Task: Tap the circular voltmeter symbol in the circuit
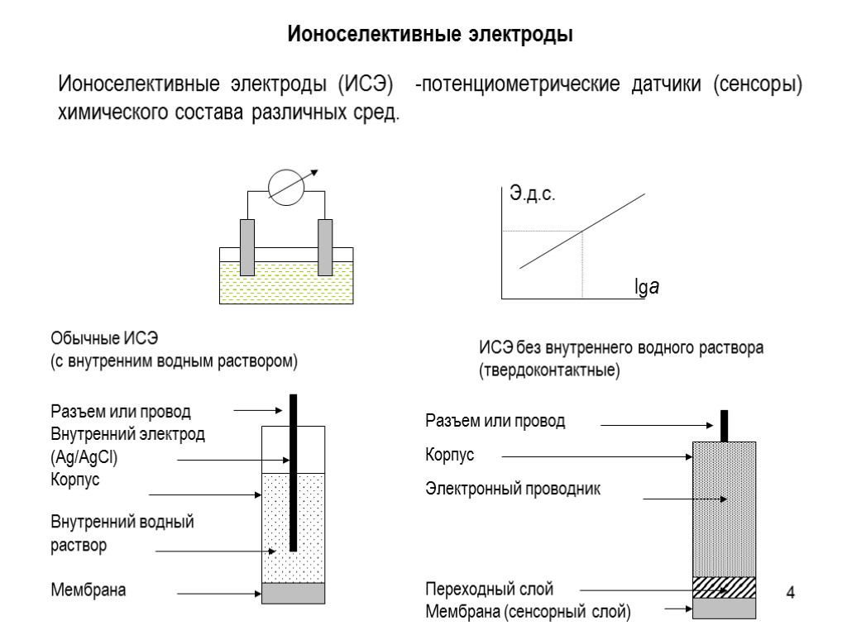tap(288, 189)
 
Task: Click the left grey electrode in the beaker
tap(247, 246)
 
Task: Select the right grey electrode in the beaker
tap(325, 246)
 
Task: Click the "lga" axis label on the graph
tap(645, 289)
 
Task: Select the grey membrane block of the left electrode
tap(293, 594)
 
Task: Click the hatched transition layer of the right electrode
tap(725, 586)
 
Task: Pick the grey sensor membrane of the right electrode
tap(725, 608)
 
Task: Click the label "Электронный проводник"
tap(513, 489)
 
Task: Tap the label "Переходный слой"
tap(489, 590)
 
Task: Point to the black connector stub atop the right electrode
tap(725, 425)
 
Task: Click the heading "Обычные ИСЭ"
tap(103, 339)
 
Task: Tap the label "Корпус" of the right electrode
tap(450, 456)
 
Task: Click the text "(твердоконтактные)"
tap(548, 370)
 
